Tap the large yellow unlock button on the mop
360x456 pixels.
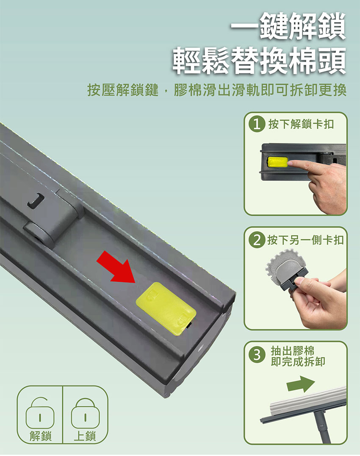166,309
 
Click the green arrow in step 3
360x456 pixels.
301,384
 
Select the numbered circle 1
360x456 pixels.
257,125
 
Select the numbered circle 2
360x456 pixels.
257,240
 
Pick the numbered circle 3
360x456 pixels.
257,355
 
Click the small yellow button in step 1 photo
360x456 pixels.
277,162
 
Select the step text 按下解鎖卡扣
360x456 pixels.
301,124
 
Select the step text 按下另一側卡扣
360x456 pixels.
305,240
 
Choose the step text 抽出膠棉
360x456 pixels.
293,351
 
